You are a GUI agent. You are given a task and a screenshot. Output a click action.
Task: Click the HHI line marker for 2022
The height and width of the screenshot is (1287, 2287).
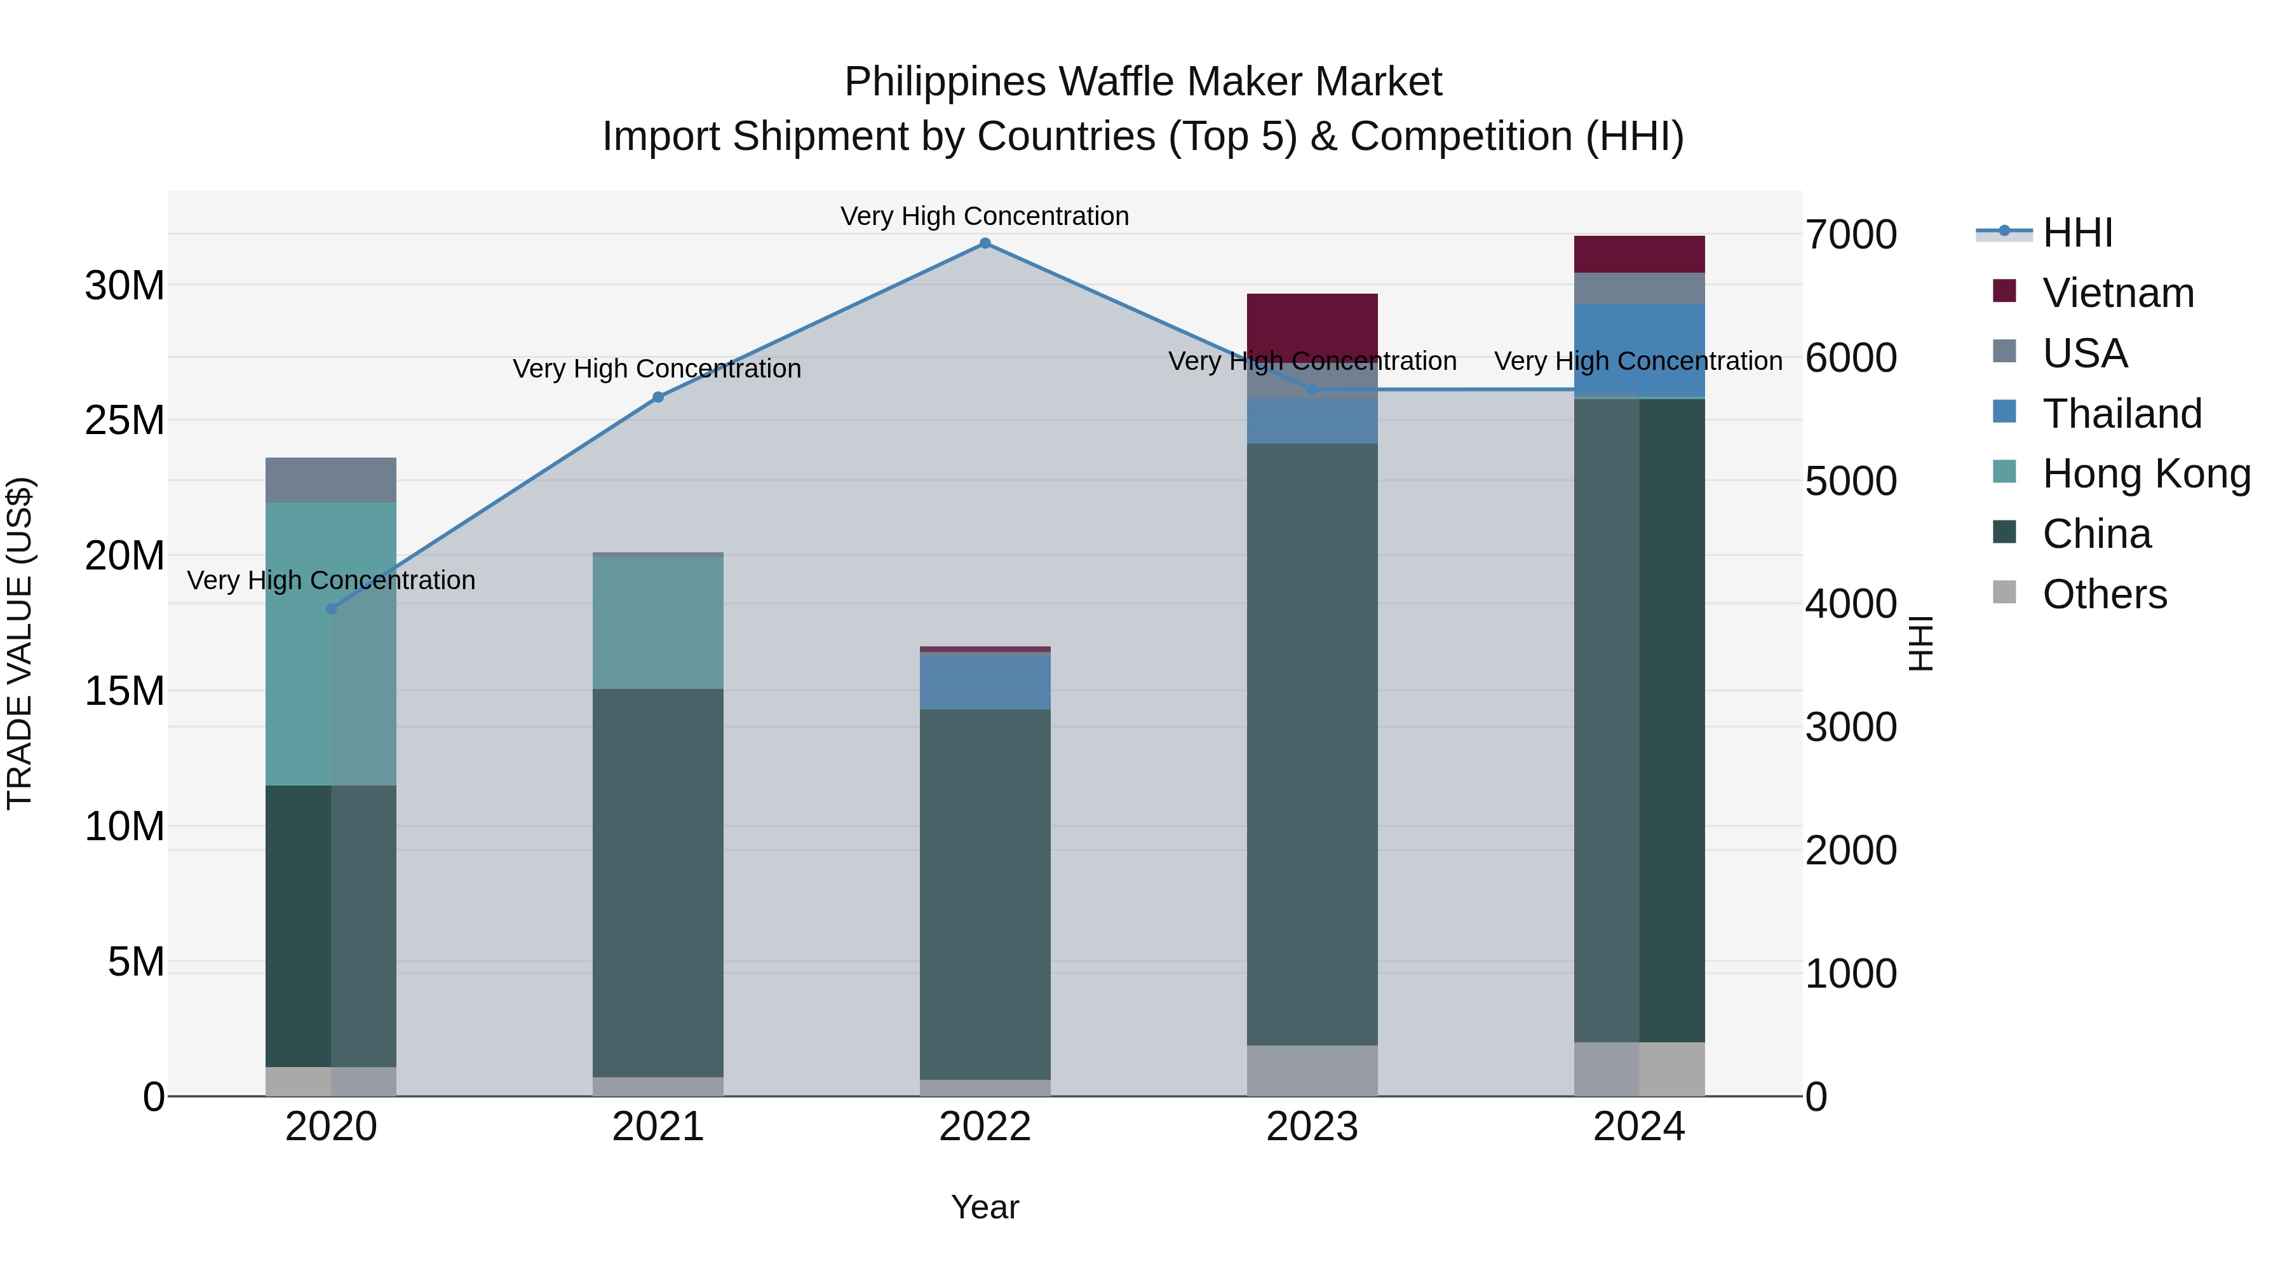tap(985, 243)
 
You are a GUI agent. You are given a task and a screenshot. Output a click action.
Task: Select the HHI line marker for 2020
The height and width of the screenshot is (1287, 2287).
tap(331, 608)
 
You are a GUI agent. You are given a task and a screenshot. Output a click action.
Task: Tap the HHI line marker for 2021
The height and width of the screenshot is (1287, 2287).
tap(658, 397)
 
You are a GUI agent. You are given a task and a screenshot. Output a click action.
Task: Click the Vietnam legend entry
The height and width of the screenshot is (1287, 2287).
tap(2117, 293)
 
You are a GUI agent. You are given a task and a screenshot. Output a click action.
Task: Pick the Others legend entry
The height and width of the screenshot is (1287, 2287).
tap(2103, 594)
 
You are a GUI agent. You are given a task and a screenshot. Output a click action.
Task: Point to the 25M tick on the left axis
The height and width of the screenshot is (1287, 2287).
tap(125, 420)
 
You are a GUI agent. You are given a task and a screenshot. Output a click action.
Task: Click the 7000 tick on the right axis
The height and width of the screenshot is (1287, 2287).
tap(1851, 235)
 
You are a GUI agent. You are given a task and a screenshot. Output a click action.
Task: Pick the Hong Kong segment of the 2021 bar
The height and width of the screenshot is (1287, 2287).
tap(658, 622)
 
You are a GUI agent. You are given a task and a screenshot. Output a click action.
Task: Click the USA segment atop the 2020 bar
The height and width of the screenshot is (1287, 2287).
tap(331, 480)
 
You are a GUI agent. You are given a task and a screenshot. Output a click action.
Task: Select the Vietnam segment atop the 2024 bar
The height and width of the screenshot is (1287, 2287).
tap(1639, 254)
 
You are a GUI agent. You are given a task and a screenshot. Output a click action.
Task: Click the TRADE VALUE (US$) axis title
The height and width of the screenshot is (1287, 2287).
tap(20, 643)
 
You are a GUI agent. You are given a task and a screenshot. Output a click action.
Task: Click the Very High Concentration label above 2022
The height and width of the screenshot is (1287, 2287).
tap(985, 216)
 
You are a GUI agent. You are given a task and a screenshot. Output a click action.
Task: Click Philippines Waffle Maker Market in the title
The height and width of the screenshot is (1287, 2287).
tap(1143, 82)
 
